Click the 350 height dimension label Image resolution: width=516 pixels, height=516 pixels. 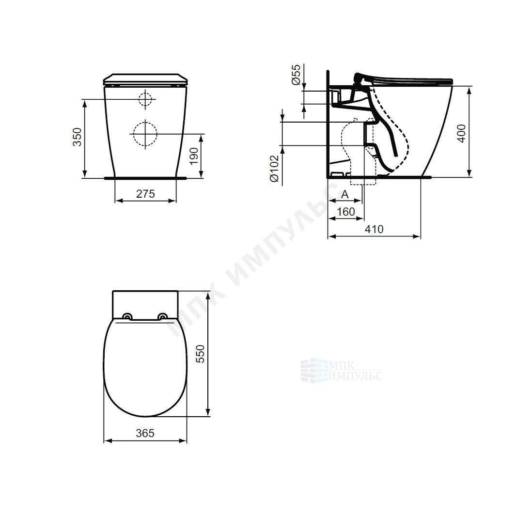(77, 137)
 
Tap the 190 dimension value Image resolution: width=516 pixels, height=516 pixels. (194, 156)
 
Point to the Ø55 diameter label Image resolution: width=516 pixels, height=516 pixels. (296, 75)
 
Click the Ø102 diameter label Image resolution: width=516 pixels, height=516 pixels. (274, 169)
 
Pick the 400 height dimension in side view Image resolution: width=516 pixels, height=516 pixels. (462, 133)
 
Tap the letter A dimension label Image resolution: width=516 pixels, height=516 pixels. (344, 194)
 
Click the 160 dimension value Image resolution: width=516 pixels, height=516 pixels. (346, 211)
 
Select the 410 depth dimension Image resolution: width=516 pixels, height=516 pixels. (374, 229)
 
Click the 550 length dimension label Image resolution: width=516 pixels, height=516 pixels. (200, 354)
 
